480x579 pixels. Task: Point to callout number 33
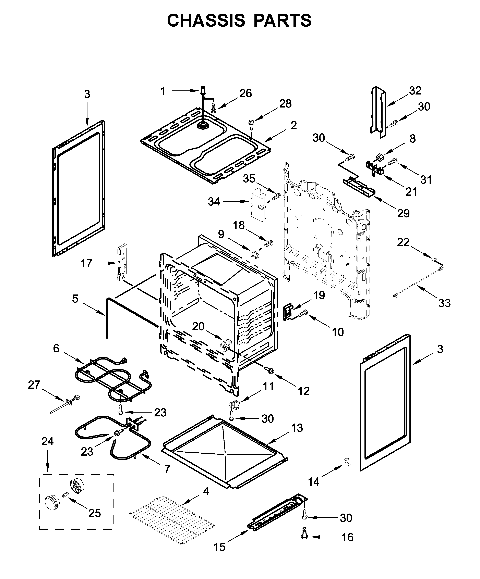point(444,303)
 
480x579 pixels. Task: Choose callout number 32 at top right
point(415,90)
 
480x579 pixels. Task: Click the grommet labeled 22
point(434,259)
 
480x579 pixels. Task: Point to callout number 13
point(297,428)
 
